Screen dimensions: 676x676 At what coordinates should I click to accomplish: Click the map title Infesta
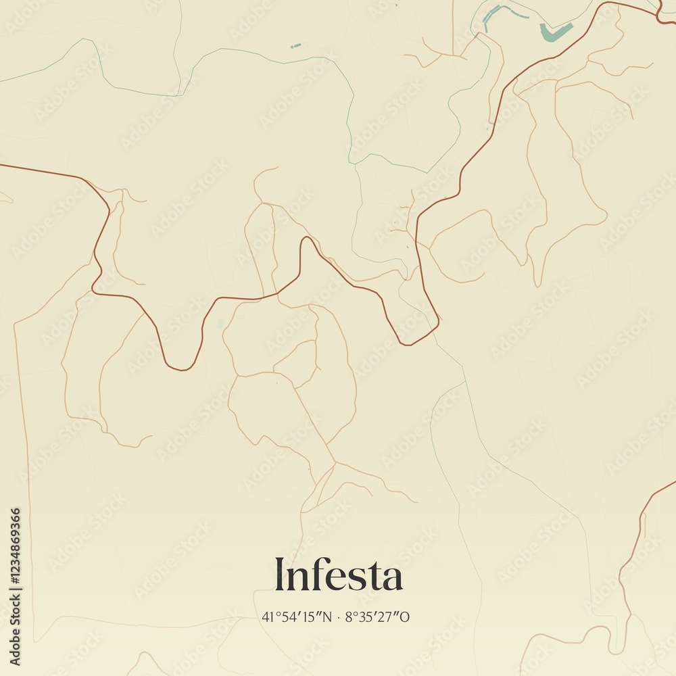pyautogui.click(x=338, y=575)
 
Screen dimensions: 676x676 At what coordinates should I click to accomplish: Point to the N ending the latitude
pyautogui.click(x=327, y=617)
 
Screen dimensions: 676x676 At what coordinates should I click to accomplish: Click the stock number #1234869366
pyautogui.click(x=15, y=546)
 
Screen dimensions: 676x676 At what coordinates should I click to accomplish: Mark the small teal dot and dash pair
pyautogui.click(x=295, y=46)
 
